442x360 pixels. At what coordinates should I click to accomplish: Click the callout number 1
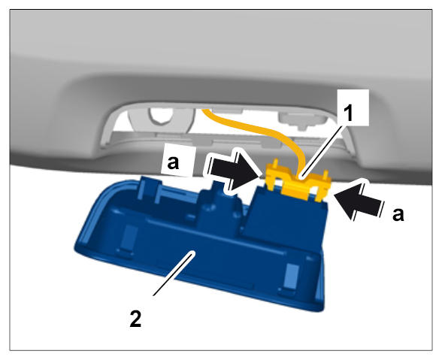click(350, 113)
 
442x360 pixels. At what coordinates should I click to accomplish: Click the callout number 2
click(135, 319)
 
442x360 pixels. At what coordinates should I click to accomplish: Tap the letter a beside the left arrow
click(173, 162)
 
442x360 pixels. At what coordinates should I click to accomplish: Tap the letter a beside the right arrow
click(398, 214)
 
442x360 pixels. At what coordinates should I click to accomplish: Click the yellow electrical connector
click(298, 181)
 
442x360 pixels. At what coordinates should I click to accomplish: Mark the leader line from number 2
click(173, 274)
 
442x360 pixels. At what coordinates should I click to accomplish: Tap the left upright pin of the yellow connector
click(275, 164)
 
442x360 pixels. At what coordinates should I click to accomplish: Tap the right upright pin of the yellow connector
click(325, 174)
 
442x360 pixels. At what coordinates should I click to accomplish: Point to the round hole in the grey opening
click(161, 116)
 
